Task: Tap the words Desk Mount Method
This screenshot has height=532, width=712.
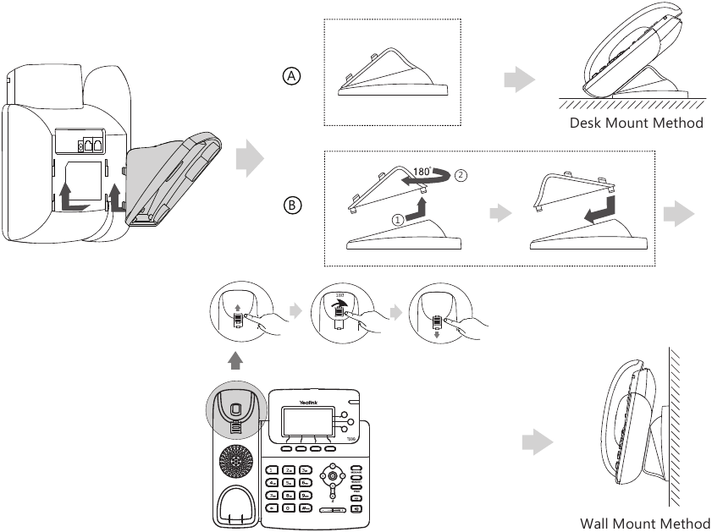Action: click(x=636, y=123)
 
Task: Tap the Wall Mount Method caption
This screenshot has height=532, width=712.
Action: click(x=645, y=523)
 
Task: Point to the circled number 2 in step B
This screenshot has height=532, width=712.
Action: click(x=460, y=177)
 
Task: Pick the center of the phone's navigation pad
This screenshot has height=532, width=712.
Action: click(x=333, y=475)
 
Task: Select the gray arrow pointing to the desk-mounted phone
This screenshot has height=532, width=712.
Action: click(x=519, y=80)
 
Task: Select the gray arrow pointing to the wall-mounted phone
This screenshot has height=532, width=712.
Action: click(x=537, y=442)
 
